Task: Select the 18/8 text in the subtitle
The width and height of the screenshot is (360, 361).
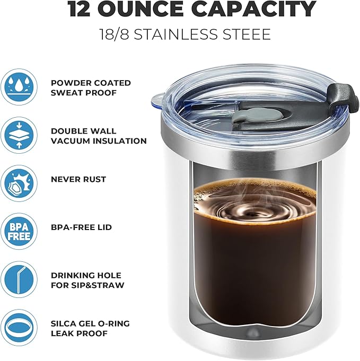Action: click(116, 35)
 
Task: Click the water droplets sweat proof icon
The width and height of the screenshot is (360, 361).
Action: click(19, 86)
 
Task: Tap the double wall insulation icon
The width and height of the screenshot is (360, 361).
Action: click(19, 135)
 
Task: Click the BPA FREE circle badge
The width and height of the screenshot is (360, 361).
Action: click(19, 231)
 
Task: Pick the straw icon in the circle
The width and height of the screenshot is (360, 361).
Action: click(19, 279)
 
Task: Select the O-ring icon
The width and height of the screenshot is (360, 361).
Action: click(19, 327)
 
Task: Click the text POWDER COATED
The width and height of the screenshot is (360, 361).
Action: click(91, 83)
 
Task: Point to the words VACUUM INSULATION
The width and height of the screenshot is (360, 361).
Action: click(99, 141)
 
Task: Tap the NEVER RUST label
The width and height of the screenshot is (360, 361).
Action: click(78, 179)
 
